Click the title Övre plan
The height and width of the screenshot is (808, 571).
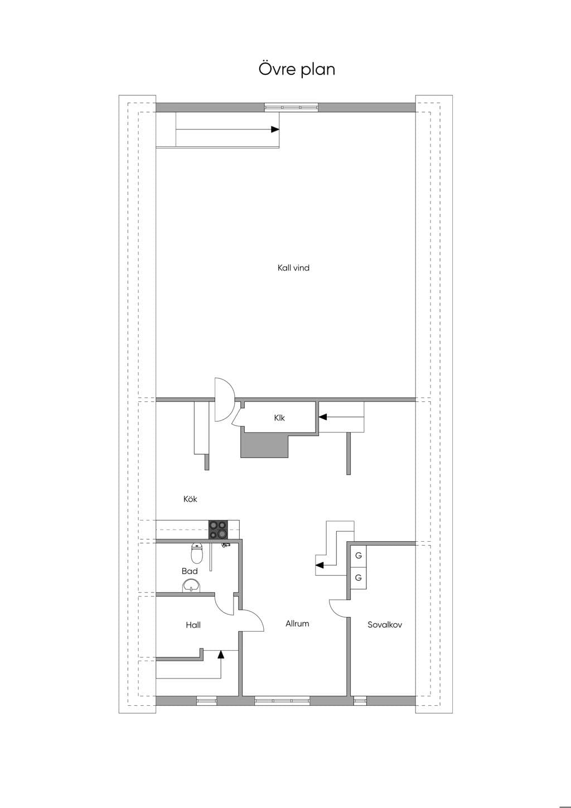coord(297,69)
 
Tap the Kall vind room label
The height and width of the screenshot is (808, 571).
coord(293,268)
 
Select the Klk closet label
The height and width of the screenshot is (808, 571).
coord(279,418)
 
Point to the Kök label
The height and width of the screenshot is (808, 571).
coord(190,499)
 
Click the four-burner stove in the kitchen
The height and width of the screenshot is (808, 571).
coord(219,530)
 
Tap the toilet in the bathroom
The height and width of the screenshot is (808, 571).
coord(196,554)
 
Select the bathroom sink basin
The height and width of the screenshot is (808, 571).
coord(191,585)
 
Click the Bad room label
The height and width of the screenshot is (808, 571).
coord(190,571)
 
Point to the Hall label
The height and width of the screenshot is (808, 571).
coord(193,625)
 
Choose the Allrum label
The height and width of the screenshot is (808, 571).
coord(297,623)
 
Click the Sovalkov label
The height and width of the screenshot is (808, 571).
coord(385,624)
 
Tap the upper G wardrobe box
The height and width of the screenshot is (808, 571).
coord(359,556)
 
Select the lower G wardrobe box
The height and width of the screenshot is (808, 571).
coord(359,578)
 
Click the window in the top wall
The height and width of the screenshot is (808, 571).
coord(291,107)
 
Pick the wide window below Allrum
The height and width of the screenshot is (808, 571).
coord(282,700)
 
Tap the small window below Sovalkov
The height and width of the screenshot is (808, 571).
coord(360,700)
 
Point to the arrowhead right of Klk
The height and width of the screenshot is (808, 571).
coord(323,417)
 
